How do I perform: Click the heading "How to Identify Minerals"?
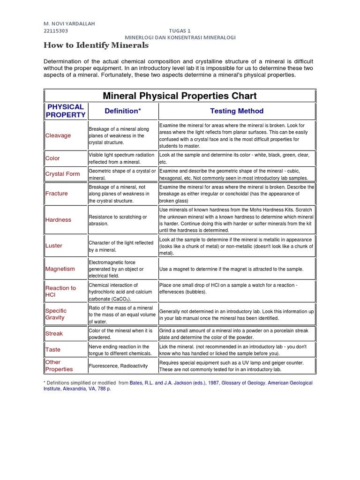tap(96, 45)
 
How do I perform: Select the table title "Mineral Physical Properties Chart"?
tap(180, 96)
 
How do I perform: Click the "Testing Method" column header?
tap(237, 111)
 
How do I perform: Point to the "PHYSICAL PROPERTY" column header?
tap(66, 111)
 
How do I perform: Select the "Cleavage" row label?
tap(58, 135)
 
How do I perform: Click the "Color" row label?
tap(52, 158)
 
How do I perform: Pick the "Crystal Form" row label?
tap(63, 174)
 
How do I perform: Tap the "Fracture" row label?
tap(57, 193)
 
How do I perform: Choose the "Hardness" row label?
tap(59, 219)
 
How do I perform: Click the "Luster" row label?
tap(54, 246)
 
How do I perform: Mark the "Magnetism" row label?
tap(60, 269)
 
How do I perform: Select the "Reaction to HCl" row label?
tap(60, 291)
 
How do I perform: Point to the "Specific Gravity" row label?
tap(56, 314)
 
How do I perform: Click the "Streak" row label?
tap(54, 334)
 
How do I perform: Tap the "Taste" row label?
tap(53, 350)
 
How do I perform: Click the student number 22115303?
tap(56, 30)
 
